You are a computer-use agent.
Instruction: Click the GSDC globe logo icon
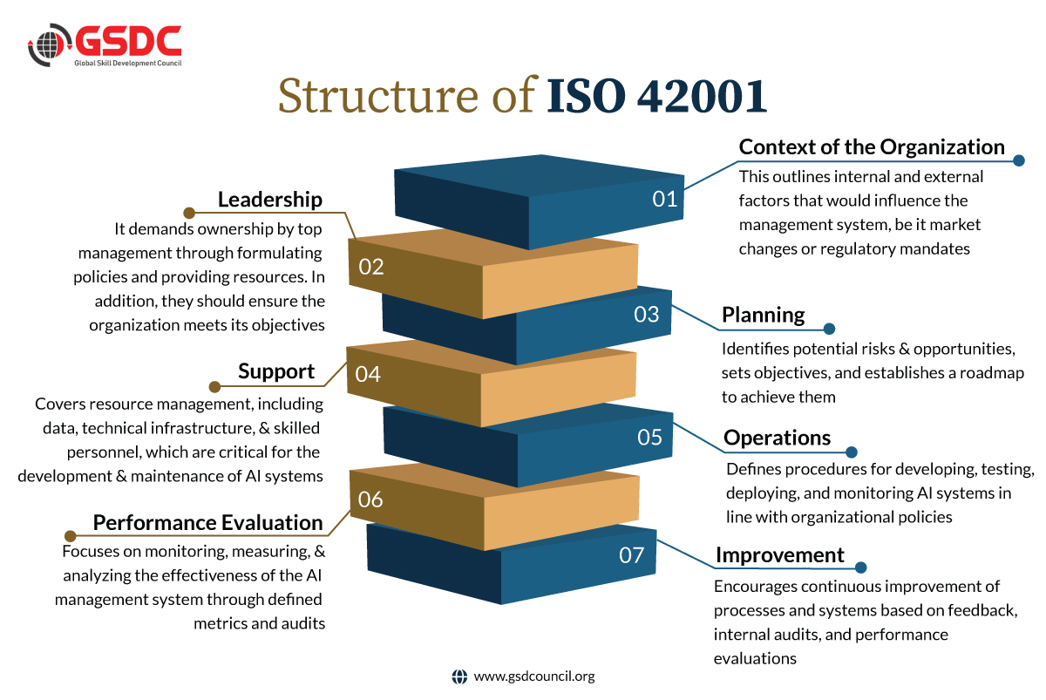point(50,44)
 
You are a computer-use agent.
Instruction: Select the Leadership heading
point(270,200)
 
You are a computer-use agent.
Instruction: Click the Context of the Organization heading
point(872,146)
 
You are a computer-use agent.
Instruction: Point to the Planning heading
point(763,315)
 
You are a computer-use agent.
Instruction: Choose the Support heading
point(276,371)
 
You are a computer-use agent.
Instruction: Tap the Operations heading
point(777,438)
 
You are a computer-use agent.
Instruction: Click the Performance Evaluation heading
point(207,522)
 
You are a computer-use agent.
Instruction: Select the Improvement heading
point(780,555)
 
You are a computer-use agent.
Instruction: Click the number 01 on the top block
point(664,200)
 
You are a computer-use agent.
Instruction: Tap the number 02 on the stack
point(371,267)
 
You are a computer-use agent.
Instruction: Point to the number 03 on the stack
point(646,315)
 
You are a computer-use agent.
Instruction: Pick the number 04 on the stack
point(368,375)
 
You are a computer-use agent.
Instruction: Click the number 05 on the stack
point(649,438)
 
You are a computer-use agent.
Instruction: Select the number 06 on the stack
point(370,500)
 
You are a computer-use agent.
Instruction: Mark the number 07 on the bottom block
point(631,555)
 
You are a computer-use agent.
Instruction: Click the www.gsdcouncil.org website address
point(534,676)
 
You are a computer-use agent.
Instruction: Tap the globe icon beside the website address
point(459,676)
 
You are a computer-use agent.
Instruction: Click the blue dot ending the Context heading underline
point(1019,160)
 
